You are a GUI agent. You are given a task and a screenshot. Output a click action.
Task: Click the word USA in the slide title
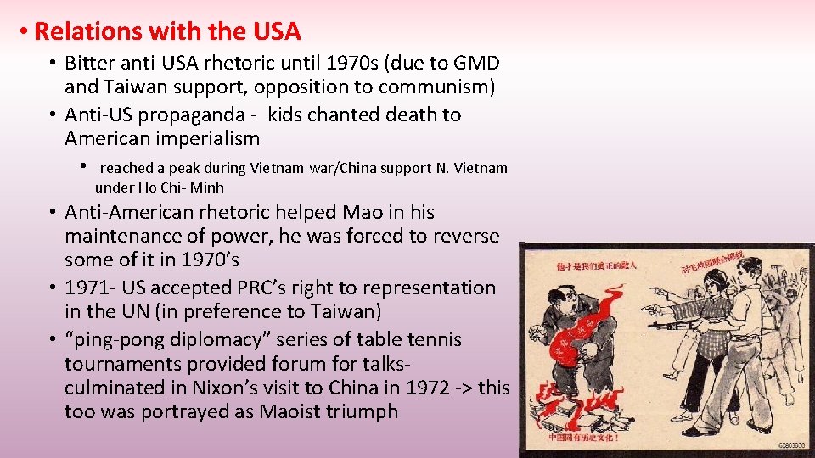[276, 32]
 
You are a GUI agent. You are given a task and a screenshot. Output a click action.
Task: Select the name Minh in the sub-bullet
[208, 187]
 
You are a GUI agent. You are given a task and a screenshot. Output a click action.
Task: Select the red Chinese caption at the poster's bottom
[583, 438]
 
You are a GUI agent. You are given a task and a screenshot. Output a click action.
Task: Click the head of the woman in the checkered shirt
[716, 285]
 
